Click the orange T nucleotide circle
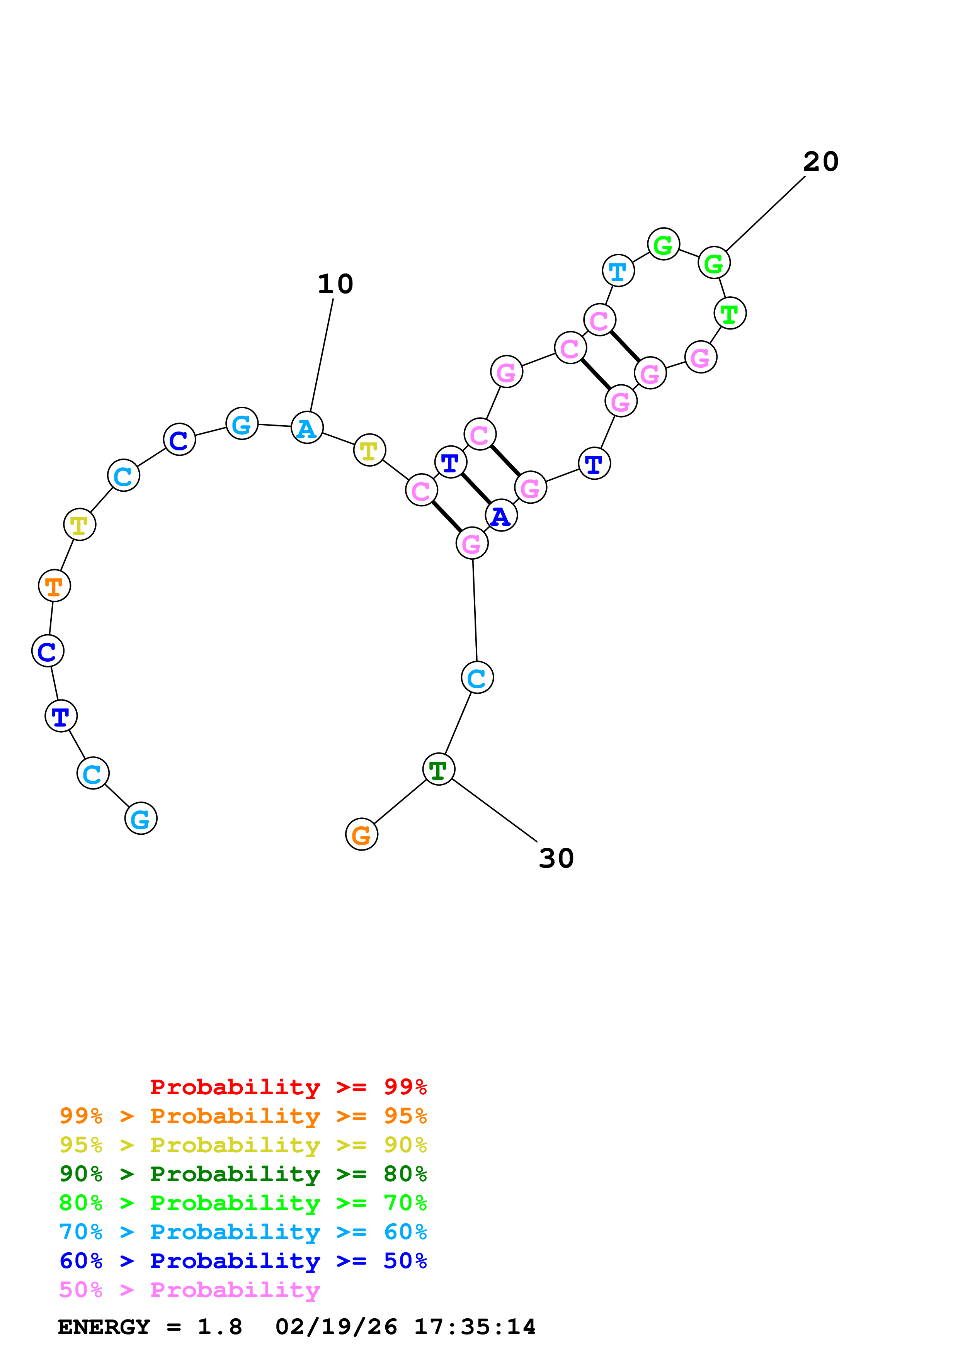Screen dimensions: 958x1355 click(x=54, y=586)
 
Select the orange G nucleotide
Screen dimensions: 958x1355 click(x=361, y=834)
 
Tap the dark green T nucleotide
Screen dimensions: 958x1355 click(x=439, y=769)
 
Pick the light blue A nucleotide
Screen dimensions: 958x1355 click(x=307, y=428)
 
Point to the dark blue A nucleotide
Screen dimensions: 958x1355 click(x=501, y=516)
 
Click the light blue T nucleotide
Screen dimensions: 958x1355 click(x=618, y=272)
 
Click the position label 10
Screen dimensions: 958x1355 click(x=335, y=284)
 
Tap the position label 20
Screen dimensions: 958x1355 click(x=820, y=162)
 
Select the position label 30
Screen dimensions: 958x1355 click(x=556, y=859)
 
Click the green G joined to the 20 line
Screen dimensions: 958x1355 click(x=714, y=263)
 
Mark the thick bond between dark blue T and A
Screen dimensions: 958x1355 click(x=476, y=489)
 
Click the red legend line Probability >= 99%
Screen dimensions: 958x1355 click(x=288, y=1087)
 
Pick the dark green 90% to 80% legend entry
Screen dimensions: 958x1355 click(x=243, y=1174)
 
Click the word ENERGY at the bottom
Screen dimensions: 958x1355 click(x=104, y=1327)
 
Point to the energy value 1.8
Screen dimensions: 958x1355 click(x=220, y=1327)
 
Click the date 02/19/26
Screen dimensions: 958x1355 click(x=336, y=1327)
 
